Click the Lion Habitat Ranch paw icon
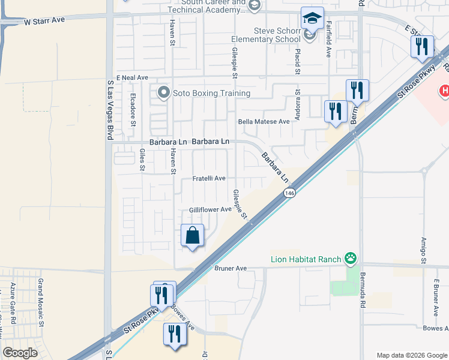point(351,259)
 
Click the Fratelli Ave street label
point(208,178)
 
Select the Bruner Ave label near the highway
point(231,268)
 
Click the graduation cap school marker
point(312,18)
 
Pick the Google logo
point(20,353)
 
